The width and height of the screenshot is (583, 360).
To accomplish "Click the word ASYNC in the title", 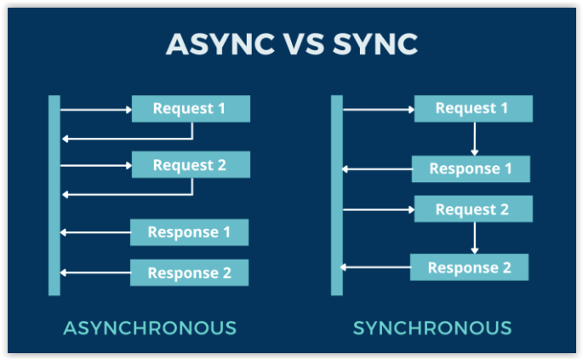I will tap(213, 45).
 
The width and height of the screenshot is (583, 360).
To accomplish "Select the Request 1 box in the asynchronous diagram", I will tap(191, 109).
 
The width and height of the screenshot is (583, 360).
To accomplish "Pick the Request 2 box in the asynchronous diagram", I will tap(191, 165).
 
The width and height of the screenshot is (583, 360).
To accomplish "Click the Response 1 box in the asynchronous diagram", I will tap(189, 232).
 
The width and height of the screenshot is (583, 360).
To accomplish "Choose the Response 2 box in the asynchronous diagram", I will tap(189, 273).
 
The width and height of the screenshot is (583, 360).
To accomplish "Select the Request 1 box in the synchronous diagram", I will tap(473, 109).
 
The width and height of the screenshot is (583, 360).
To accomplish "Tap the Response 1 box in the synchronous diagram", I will tap(471, 169).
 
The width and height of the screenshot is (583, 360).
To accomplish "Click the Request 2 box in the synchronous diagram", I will tap(473, 209).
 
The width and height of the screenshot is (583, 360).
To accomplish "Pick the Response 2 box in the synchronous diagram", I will tap(469, 268).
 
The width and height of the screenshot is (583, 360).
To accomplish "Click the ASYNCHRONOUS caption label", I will tap(150, 328).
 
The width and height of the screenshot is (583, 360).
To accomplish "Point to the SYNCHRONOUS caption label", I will tap(432, 328).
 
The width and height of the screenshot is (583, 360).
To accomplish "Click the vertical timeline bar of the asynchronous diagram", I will tap(54, 196).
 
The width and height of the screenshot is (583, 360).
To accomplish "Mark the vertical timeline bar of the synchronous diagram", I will tap(337, 196).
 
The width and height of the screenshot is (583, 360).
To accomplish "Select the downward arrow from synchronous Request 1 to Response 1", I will tap(474, 139).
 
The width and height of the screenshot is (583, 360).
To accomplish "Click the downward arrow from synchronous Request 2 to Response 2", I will tap(474, 238).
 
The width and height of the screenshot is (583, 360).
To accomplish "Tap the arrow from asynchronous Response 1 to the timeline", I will tap(95, 232).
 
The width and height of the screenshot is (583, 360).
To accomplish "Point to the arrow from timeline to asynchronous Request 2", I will tap(95, 165).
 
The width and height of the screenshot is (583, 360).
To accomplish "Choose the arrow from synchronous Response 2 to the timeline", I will tap(375, 268).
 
